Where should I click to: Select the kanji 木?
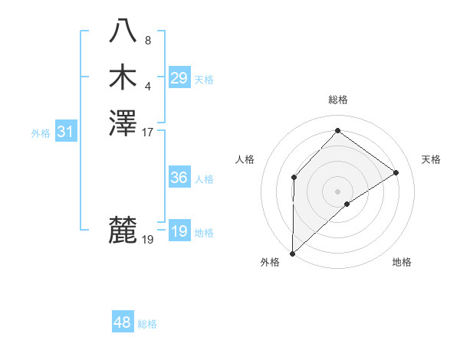(123, 77)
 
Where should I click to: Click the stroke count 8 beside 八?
(148, 41)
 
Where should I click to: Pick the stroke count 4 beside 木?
(148, 86)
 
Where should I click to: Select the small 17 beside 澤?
(148, 132)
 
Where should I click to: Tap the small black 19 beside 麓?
(148, 240)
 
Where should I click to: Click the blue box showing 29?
(179, 77)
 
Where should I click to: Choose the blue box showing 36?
(179, 178)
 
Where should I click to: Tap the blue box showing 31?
(66, 132)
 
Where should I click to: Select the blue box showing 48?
(123, 322)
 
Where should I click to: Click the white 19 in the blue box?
(179, 231)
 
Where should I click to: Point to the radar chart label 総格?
(338, 100)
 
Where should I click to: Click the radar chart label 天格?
(431, 159)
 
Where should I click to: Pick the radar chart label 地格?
(402, 263)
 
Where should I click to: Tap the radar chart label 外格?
(270, 263)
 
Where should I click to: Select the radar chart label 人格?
(245, 159)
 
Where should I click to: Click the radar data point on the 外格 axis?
(292, 253)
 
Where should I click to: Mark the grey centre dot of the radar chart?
(337, 191)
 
